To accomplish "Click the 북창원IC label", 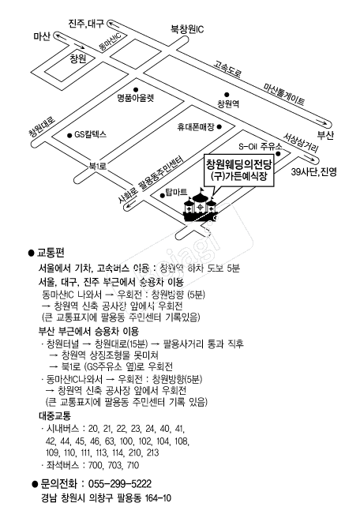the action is point(187,29).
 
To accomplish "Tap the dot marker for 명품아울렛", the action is point(136,89).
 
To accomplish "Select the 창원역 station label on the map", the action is point(228,103).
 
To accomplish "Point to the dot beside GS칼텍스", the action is point(69,135).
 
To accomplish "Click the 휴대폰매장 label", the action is point(196,127).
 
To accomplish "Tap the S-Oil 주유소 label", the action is point(261,146).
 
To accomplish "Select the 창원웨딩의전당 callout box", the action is point(239,170).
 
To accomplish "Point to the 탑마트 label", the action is point(176,192).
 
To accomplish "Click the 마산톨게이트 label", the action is point(283,94).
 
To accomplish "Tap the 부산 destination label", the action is point(325,135).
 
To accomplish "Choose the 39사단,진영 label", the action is point(314,172).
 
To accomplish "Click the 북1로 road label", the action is point(98,165).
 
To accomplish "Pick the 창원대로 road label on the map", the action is point(42,128).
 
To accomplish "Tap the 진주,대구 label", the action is point(86,24).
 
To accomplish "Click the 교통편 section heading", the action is point(51,253).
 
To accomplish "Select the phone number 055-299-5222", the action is point(120,484).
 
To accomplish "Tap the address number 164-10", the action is point(158,497).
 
